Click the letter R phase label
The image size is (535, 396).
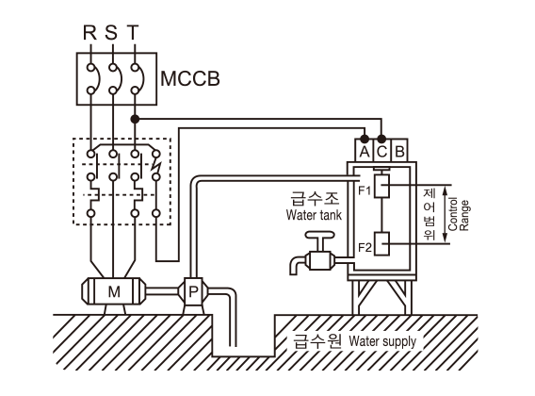tap(90, 32)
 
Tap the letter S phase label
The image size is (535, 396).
tap(111, 32)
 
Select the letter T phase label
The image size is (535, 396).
tap(133, 32)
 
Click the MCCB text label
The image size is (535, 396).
tap(190, 78)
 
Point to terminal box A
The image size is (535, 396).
tap(365, 150)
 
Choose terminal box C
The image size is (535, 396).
tap(382, 150)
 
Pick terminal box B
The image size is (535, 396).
tap(399, 150)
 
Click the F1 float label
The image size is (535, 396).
tap(365, 190)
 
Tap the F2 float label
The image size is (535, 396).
tap(365, 247)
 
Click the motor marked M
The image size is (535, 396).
tap(114, 291)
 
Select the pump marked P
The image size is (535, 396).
tap(193, 291)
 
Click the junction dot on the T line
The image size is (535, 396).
tap(135, 119)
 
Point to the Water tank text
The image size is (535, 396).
tap(314, 215)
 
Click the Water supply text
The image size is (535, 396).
tap(382, 341)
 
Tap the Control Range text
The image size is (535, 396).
tap(459, 215)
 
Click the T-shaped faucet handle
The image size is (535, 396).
tap(319, 241)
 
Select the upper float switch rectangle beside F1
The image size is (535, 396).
tap(381, 186)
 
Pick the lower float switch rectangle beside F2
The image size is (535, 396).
tap(381, 243)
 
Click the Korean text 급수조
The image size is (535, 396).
tap(315, 198)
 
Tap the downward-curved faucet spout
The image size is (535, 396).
tap(298, 264)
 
